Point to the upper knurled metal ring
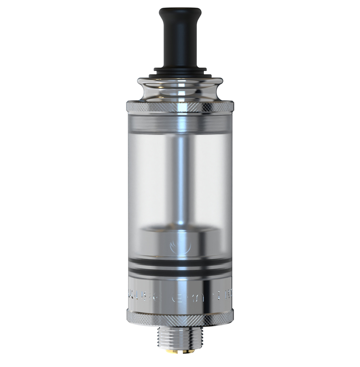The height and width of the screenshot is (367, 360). (180, 107)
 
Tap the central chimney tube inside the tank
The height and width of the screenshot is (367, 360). (180, 178)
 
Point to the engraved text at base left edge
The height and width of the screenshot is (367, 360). (141, 297)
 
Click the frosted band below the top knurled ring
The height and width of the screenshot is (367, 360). (180, 123)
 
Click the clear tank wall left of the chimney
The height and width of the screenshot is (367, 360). (149, 182)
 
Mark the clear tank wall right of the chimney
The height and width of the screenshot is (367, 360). (210, 182)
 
